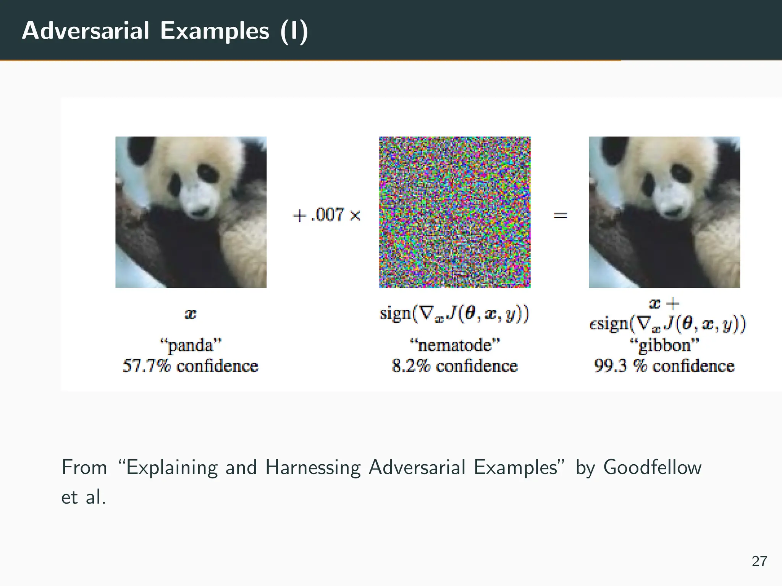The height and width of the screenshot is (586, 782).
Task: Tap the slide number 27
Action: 759,561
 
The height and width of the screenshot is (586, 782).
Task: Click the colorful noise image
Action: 454,212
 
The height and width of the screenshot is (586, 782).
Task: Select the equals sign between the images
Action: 560,216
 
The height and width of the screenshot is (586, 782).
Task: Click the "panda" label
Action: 191,346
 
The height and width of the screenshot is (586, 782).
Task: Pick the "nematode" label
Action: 454,346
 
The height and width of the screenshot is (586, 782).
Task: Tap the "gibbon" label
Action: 664,346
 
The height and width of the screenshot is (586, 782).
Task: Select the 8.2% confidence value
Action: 411,366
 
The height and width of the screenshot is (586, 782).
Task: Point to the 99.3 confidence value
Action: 611,366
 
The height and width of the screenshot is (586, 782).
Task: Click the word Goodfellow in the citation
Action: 652,467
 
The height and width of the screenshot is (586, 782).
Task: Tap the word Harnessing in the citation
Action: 313,467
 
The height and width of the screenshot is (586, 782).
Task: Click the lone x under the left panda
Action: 191,314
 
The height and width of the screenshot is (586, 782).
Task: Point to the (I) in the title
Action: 294,31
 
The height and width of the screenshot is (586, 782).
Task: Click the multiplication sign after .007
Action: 355,216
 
